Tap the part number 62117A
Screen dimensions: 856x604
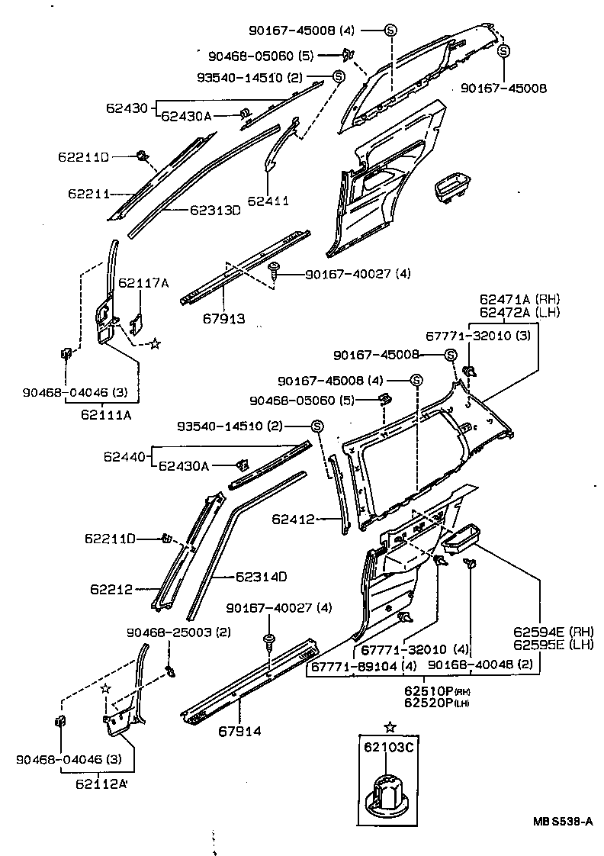pyautogui.click(x=143, y=282)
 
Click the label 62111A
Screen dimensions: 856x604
pyautogui.click(x=107, y=415)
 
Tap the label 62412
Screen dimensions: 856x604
pyautogui.click(x=292, y=520)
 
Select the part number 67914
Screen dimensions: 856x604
pyautogui.click(x=239, y=731)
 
